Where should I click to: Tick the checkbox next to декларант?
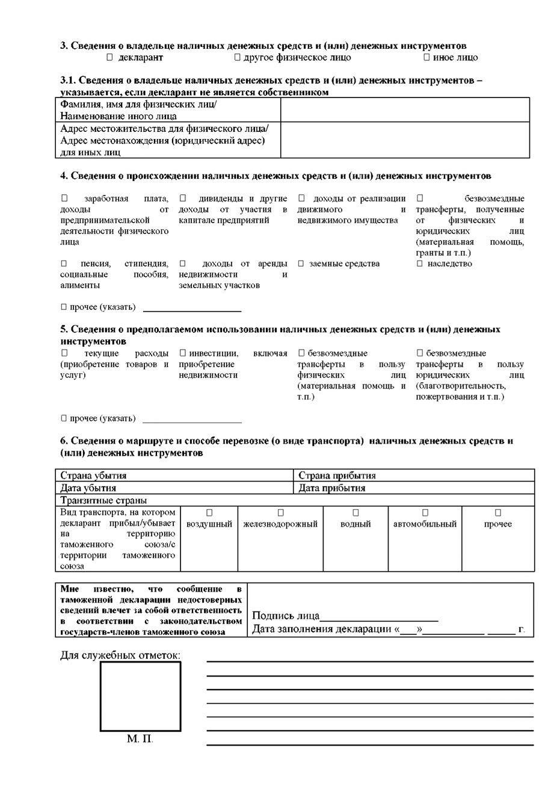pos(109,58)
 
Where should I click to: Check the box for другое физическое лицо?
pos(237,58)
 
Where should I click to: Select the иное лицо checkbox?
pos(426,58)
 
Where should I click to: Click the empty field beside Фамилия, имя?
pos(405,110)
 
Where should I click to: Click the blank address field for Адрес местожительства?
pos(405,140)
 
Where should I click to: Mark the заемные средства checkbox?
pos(301,264)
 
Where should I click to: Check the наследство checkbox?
pos(420,264)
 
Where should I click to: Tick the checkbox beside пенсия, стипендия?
pos(64,264)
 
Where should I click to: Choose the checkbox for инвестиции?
pos(183,353)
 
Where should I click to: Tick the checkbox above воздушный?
pos(209,513)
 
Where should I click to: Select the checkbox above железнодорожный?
pos(280,513)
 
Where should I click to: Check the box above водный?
pos(355,513)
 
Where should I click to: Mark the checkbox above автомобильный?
pos(425,513)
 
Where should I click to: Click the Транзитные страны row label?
pos(103,500)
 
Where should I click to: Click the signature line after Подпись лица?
pos(379,617)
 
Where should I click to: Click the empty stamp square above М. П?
pos(140,696)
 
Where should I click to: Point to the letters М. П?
pos(140,738)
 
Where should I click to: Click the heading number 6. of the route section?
pos(64,441)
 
